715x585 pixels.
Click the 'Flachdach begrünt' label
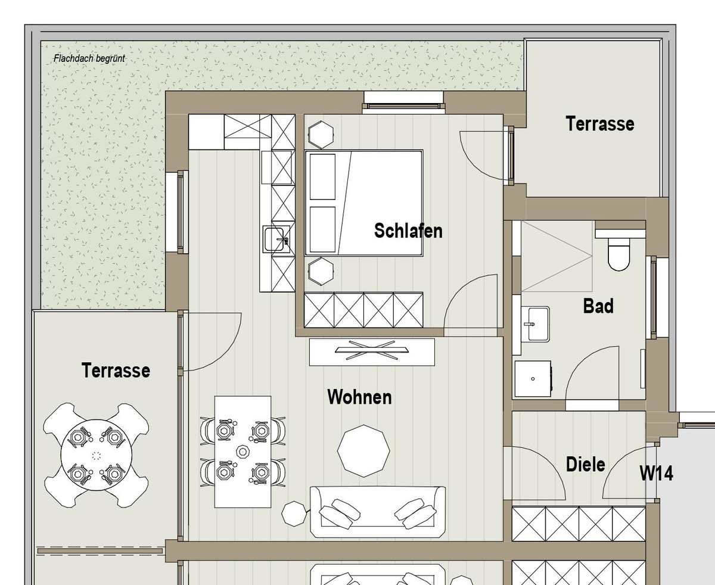point(89,58)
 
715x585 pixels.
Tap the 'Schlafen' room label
point(408,231)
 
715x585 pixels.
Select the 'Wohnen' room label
point(359,397)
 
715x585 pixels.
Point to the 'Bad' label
point(598,306)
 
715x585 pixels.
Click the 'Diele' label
point(586,464)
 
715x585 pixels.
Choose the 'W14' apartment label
point(657,474)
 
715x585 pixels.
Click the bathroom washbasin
point(535,323)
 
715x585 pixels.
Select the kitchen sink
point(276,239)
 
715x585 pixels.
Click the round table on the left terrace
point(97,455)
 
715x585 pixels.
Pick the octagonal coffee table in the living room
point(364,451)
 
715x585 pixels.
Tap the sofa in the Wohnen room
point(378,512)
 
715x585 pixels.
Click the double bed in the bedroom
point(364,203)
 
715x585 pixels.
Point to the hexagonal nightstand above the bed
point(321,135)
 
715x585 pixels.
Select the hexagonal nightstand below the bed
point(321,271)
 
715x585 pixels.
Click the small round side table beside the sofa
point(294,514)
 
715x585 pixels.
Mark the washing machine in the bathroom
point(533,379)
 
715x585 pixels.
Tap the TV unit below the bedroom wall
point(372,352)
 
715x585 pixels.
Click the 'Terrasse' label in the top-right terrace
point(600,124)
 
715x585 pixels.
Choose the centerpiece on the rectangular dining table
point(243,452)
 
